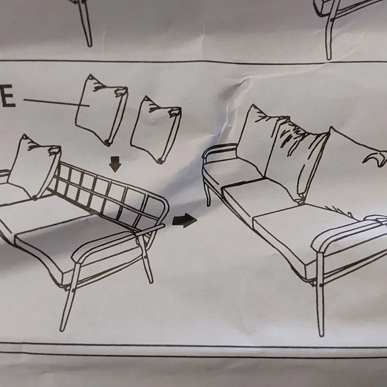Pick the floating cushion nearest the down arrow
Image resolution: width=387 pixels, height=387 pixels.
pyautogui.click(x=156, y=129)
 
